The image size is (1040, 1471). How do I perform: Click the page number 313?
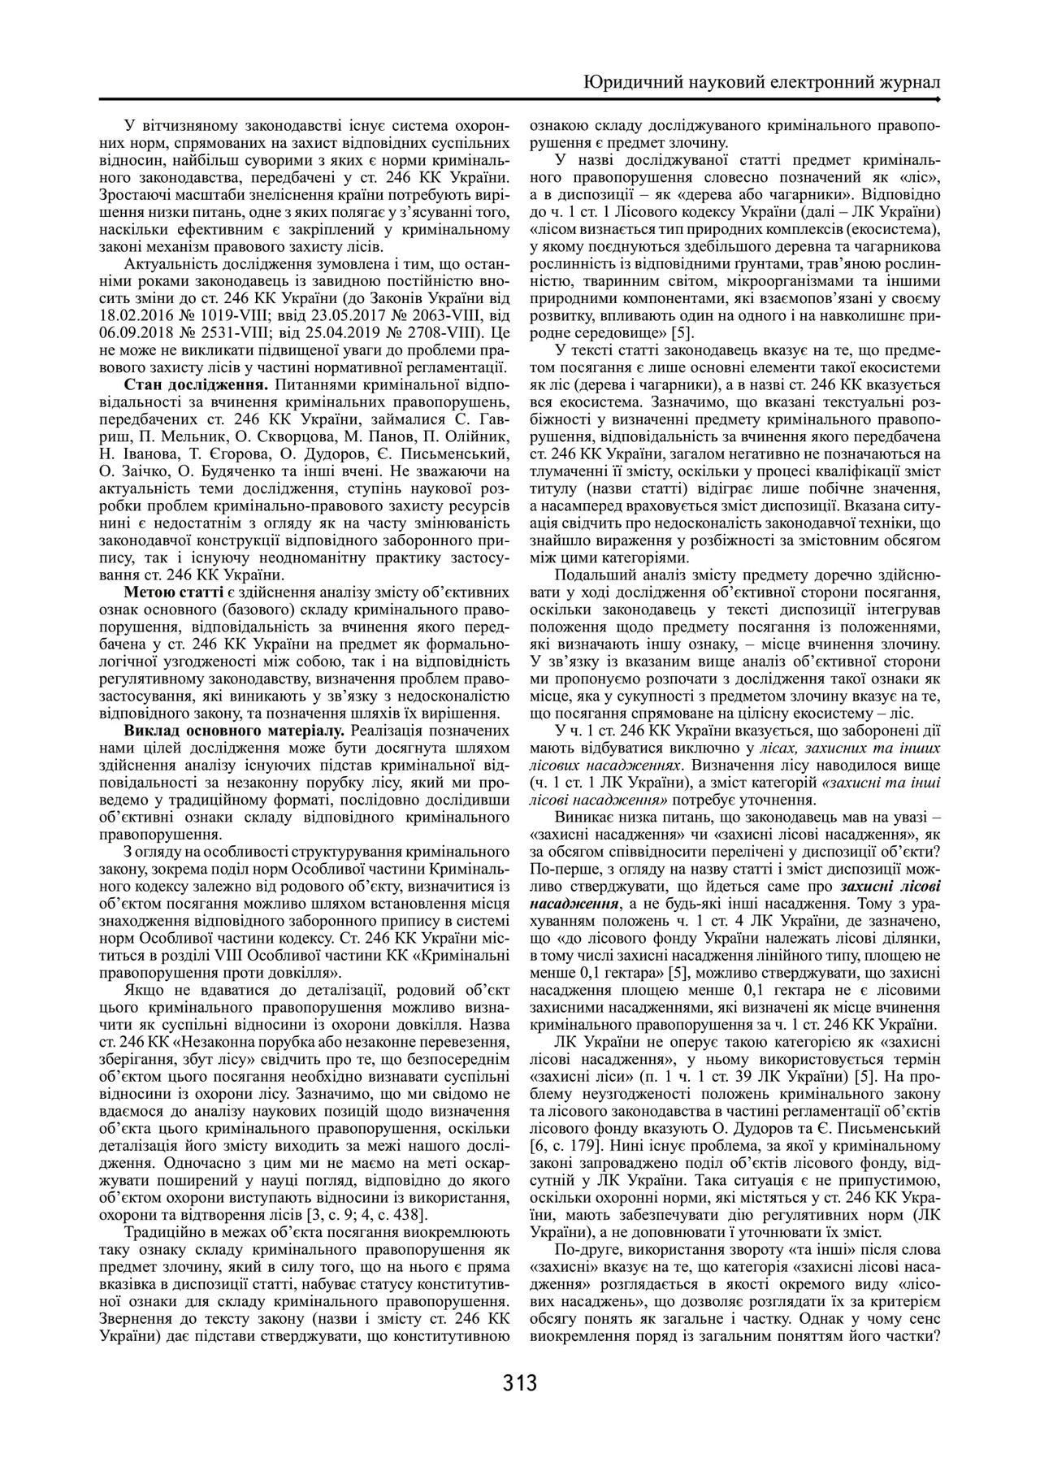pyautogui.click(x=520, y=1382)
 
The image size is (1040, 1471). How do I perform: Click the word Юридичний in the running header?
pyautogui.click(x=633, y=83)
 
